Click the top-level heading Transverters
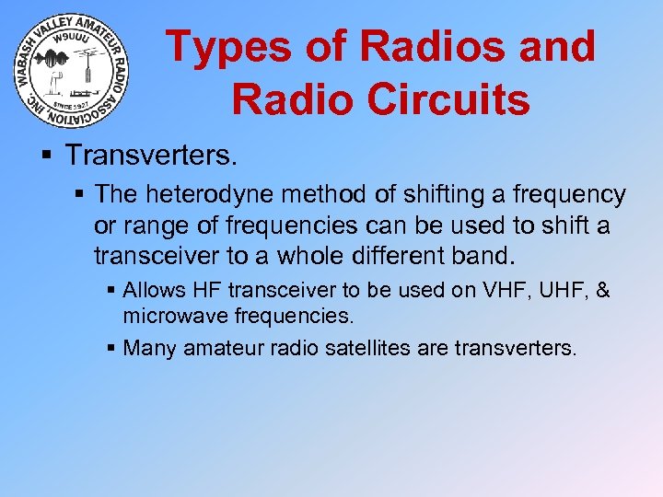(151, 154)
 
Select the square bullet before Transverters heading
(47, 155)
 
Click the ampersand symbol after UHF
(602, 291)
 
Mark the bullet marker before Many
(111, 349)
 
